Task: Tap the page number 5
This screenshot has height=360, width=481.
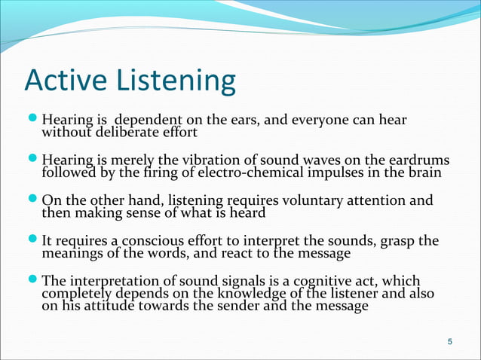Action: click(x=450, y=343)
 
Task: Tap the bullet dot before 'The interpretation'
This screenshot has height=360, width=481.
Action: click(x=33, y=281)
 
